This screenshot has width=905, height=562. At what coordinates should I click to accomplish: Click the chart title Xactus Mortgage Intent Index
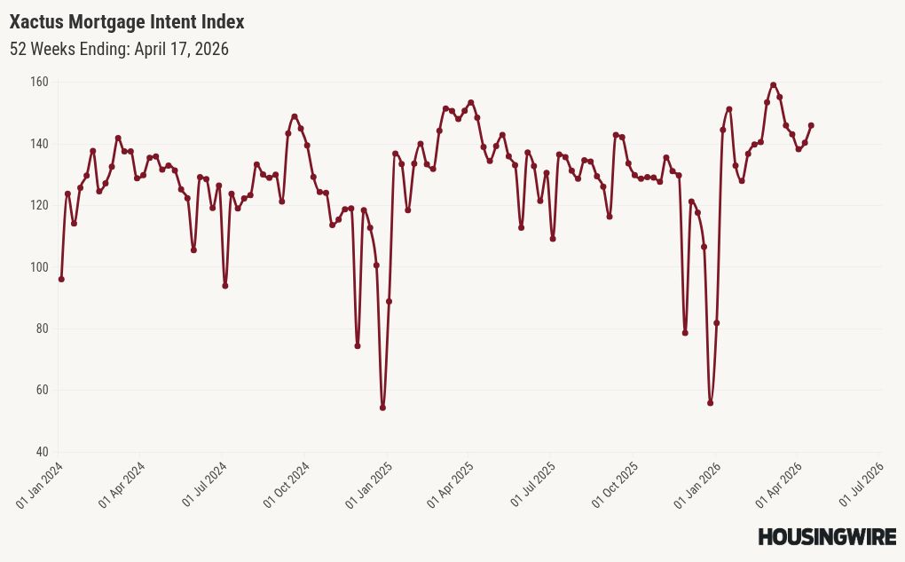[x=127, y=21]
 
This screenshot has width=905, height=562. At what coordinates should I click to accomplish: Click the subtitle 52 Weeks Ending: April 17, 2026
[x=119, y=49]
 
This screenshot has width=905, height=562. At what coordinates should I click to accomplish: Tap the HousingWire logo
[x=827, y=536]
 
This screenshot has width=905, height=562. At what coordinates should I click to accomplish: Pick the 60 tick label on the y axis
[x=42, y=390]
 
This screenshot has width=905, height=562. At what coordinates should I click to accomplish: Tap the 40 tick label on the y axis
[x=42, y=452]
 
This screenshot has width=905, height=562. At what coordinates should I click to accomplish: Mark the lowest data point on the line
[x=382, y=408]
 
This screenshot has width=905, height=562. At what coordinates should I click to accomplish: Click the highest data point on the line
[x=774, y=85]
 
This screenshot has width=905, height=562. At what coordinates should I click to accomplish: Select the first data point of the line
[x=61, y=279]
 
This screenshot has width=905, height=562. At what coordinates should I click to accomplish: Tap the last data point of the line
[x=811, y=125]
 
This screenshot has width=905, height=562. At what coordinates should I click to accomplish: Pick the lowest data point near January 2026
[x=711, y=403]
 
